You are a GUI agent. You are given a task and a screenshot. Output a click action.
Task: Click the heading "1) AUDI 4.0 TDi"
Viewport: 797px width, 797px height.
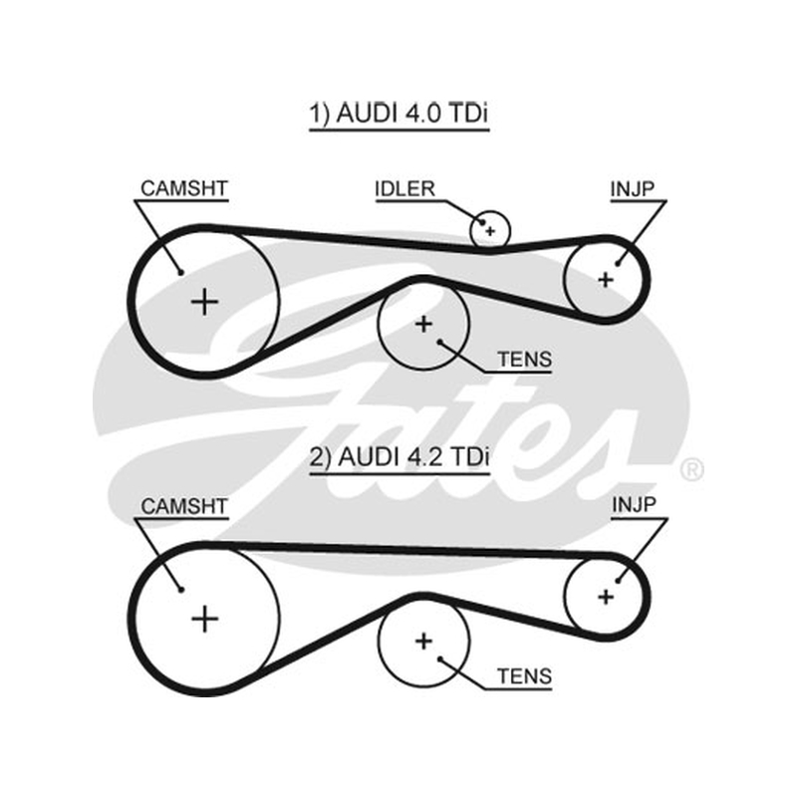tap(399, 113)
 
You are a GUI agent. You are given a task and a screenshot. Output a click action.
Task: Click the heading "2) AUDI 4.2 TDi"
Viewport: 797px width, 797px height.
tap(399, 457)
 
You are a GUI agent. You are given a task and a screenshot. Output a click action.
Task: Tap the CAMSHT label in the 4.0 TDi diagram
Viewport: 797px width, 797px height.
tap(184, 188)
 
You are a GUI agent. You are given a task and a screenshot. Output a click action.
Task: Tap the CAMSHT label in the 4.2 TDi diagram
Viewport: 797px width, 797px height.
tap(184, 506)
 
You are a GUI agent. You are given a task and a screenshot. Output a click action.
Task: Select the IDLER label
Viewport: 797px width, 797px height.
tap(405, 189)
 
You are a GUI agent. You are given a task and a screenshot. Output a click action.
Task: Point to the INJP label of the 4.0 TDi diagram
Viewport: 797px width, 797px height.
tap(633, 189)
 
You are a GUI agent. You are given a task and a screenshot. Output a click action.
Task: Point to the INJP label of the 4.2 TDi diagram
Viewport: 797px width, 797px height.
tap(634, 505)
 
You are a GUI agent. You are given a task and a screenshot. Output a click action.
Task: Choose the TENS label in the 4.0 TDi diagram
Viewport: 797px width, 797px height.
tap(525, 360)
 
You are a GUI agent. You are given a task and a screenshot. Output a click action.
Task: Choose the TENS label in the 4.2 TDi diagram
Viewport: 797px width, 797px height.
tap(525, 676)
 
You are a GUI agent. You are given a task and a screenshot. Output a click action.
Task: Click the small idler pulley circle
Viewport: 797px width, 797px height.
tap(489, 212)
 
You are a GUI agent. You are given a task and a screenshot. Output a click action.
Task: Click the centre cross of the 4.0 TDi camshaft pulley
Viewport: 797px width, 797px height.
tap(205, 303)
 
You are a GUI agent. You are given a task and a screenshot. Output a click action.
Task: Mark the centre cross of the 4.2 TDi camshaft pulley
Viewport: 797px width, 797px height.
tap(205, 619)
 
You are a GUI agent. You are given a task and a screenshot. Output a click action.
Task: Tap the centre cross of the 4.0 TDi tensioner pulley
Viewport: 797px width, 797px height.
tap(424, 325)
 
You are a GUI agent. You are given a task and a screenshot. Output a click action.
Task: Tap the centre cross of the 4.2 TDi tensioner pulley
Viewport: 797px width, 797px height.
tap(424, 641)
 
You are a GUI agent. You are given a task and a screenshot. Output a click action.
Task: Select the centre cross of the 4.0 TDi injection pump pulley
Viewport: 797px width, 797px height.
tap(606, 280)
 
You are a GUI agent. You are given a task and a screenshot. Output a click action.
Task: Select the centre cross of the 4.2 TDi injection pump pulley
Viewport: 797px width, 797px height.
tap(606, 596)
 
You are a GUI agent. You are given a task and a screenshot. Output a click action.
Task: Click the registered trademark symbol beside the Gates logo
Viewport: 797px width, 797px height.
tap(691, 469)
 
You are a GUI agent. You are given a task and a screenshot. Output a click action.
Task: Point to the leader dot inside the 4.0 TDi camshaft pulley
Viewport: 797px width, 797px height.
tap(181, 273)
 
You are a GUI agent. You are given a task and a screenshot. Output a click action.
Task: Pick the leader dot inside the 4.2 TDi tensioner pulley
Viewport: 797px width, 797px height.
tap(440, 660)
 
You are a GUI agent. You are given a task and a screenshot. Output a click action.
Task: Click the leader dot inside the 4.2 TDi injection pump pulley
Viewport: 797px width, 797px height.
tap(618, 580)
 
